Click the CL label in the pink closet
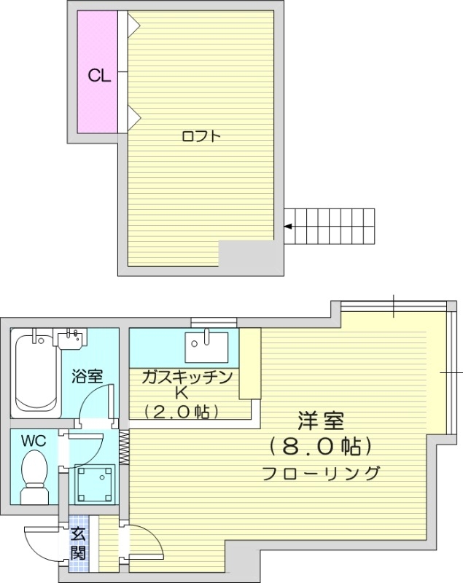coord(99,75)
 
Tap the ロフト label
coord(201,136)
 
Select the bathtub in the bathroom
coord(36,372)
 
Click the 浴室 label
coord(87,377)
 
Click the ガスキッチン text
coord(187,377)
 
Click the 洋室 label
coord(321,421)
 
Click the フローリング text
coord(321,472)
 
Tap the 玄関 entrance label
coord(77,543)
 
